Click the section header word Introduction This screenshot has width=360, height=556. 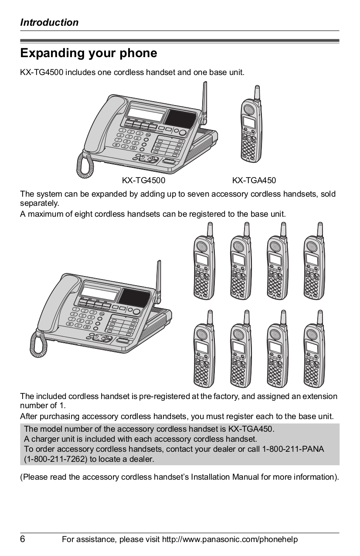click(49, 23)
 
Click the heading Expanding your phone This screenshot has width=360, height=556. click(88, 54)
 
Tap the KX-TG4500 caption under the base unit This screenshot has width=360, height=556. click(143, 181)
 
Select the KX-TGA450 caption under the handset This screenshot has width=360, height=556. click(254, 181)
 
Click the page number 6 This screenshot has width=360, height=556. click(23, 539)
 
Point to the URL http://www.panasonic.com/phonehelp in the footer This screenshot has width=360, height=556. click(230, 540)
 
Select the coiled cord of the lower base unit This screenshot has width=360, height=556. click(38, 342)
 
